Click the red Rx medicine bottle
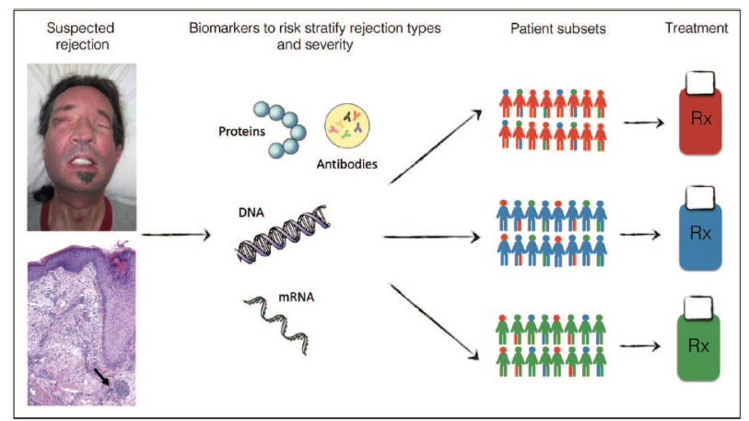[x=700, y=113]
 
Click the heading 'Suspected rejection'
[x=81, y=36]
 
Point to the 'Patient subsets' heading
[x=558, y=29]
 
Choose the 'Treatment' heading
[x=696, y=29]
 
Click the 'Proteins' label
[x=241, y=132]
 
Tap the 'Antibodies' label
[x=346, y=164]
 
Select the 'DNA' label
[x=252, y=212]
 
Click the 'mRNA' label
[x=296, y=298]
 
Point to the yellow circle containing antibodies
[x=347, y=126]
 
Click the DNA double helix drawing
[x=283, y=234]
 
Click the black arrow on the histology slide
[x=101, y=377]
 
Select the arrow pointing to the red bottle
[x=644, y=123]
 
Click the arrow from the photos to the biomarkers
[x=176, y=235]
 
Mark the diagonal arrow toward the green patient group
[x=434, y=322]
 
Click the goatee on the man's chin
[x=86, y=177]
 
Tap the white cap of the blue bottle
[x=700, y=197]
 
